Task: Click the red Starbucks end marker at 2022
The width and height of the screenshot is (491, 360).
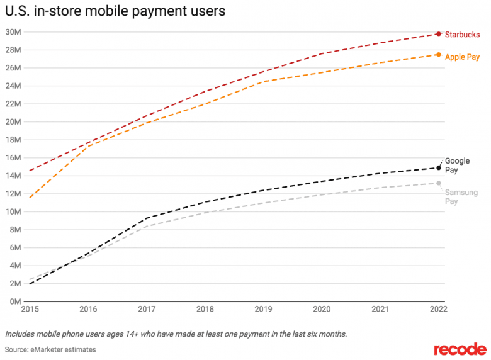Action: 439,34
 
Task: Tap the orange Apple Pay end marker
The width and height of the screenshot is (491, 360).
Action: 439,55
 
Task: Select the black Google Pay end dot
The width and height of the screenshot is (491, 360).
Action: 439,168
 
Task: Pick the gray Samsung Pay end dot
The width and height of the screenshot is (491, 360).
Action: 439,183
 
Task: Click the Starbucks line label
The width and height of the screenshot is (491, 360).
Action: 462,35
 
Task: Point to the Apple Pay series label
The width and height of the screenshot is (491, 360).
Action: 462,57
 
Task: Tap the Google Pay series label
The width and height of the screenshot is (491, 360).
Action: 457,166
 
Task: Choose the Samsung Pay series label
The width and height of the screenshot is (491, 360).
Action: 461,196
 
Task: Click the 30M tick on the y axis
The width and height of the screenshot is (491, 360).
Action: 13,32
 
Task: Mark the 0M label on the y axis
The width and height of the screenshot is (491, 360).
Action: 15,301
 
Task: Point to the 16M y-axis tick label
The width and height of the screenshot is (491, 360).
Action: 13,158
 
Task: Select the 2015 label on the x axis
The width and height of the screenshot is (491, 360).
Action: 30,309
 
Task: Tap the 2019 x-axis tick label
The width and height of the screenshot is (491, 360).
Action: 263,309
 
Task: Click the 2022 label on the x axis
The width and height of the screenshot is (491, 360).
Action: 439,309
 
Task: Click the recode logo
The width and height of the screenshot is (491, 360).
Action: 460,349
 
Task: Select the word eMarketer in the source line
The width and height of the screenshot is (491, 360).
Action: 46,350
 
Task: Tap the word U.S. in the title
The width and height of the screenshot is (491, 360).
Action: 18,11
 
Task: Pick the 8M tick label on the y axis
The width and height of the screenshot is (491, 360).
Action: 15,230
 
